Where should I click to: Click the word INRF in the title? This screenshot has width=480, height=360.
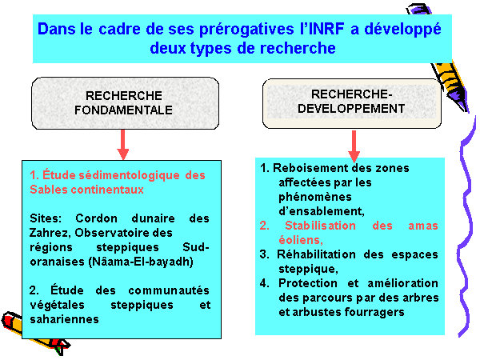coord(326,29)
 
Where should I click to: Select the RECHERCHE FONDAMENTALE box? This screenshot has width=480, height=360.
coord(126,103)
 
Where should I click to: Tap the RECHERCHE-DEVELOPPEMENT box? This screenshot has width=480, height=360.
coord(352,103)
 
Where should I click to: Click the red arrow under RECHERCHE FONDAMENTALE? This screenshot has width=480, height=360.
coord(123,145)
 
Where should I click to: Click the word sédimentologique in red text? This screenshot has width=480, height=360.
coord(129,175)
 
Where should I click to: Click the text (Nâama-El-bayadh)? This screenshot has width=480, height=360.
coord(141,262)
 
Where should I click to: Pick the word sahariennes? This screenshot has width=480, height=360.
coord(64,319)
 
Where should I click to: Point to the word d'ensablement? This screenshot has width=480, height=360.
coord(321,211)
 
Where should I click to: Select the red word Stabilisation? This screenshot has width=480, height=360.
coord(320,226)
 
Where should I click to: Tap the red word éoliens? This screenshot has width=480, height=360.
coord(300,240)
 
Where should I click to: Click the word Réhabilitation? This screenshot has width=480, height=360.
coord(316,254)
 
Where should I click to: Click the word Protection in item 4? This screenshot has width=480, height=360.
coord(308,283)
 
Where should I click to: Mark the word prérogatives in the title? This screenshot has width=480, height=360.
coord(246,30)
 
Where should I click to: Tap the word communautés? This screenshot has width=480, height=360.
coord(169,290)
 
